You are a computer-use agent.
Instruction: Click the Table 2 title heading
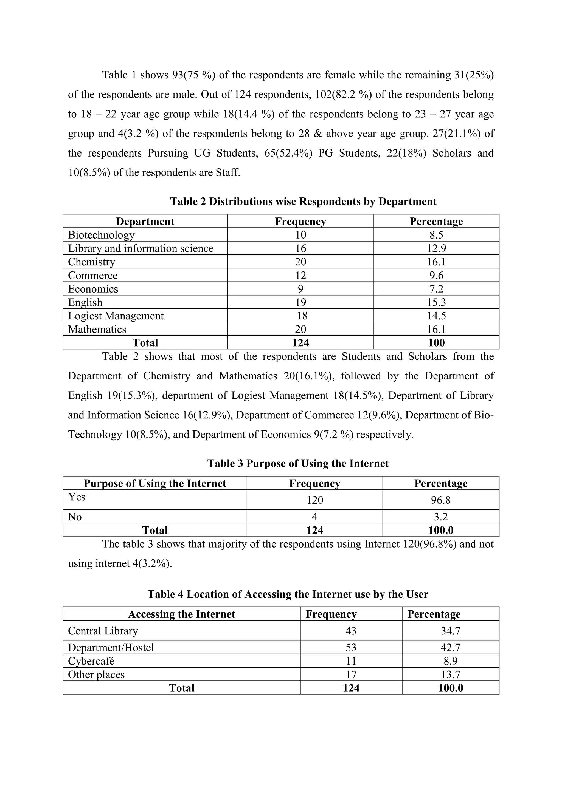[303, 201]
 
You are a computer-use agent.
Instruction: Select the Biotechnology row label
[101, 235]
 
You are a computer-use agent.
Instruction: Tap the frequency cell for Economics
[300, 289]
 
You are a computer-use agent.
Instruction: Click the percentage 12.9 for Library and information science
[436, 248]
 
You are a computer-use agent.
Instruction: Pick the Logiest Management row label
[116, 316]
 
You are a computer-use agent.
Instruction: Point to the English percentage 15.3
[436, 302]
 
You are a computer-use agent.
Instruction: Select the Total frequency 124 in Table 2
[300, 343]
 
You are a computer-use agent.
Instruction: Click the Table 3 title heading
[298, 463]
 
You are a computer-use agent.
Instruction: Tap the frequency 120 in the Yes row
[314, 500]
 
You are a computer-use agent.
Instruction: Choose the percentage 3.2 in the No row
[440, 517]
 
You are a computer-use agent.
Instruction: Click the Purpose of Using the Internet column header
[155, 483]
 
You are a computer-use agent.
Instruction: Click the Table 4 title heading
[288, 594]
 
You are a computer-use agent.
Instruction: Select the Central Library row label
[103, 631]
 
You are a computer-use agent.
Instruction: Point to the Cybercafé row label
[91, 661]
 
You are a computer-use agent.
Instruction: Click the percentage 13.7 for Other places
[450, 674]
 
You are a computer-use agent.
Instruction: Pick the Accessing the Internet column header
[181, 614]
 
